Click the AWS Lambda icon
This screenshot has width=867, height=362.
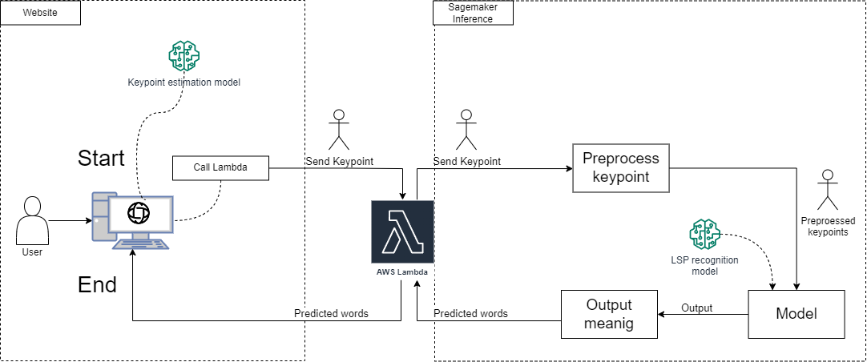coord(402,231)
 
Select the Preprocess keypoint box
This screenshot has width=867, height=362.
coord(620,168)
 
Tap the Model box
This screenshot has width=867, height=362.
coord(796,313)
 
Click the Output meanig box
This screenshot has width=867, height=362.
coord(609,314)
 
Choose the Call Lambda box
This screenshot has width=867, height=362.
coord(220,168)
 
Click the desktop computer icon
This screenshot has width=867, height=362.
coord(131,221)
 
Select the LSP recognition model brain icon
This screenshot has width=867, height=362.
coord(705,235)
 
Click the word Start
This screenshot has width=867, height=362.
coord(101,159)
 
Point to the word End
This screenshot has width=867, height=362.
coord(97,284)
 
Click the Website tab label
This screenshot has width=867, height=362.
coord(39,14)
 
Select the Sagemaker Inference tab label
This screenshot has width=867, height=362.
coord(473,13)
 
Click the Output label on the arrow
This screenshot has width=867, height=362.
coord(696,308)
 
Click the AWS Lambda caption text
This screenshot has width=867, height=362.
coord(402,272)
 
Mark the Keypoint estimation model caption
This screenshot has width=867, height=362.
coord(183,82)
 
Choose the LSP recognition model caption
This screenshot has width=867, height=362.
coord(705,266)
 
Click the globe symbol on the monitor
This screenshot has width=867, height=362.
coord(139,213)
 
